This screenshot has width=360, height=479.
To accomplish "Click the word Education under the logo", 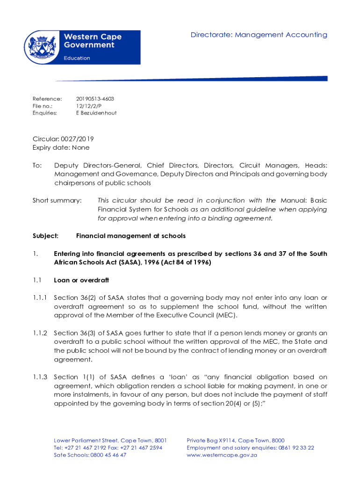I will click(x=77, y=58).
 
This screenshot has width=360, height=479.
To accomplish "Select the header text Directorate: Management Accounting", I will click(x=259, y=35).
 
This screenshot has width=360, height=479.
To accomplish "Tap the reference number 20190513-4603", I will click(x=95, y=99).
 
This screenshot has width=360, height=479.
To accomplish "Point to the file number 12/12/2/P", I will click(x=88, y=106).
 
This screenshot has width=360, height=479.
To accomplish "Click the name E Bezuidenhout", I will click(x=96, y=113).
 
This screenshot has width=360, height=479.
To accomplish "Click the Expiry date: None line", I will click(x=61, y=147).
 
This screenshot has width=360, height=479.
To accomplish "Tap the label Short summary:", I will click(x=57, y=201).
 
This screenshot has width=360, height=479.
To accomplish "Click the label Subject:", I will click(x=45, y=236).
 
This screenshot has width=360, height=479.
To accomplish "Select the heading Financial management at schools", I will click(x=131, y=236).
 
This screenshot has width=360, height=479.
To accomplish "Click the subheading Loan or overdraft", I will click(x=81, y=280).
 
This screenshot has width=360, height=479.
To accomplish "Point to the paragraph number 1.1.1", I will click(x=40, y=298).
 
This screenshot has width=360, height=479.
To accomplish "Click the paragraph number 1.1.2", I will click(x=40, y=333).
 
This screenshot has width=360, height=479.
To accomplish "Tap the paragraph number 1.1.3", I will click(x=40, y=377).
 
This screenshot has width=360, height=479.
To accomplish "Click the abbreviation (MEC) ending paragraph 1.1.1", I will click(x=226, y=315).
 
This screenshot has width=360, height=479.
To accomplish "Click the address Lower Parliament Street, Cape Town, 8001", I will click(x=110, y=441).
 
